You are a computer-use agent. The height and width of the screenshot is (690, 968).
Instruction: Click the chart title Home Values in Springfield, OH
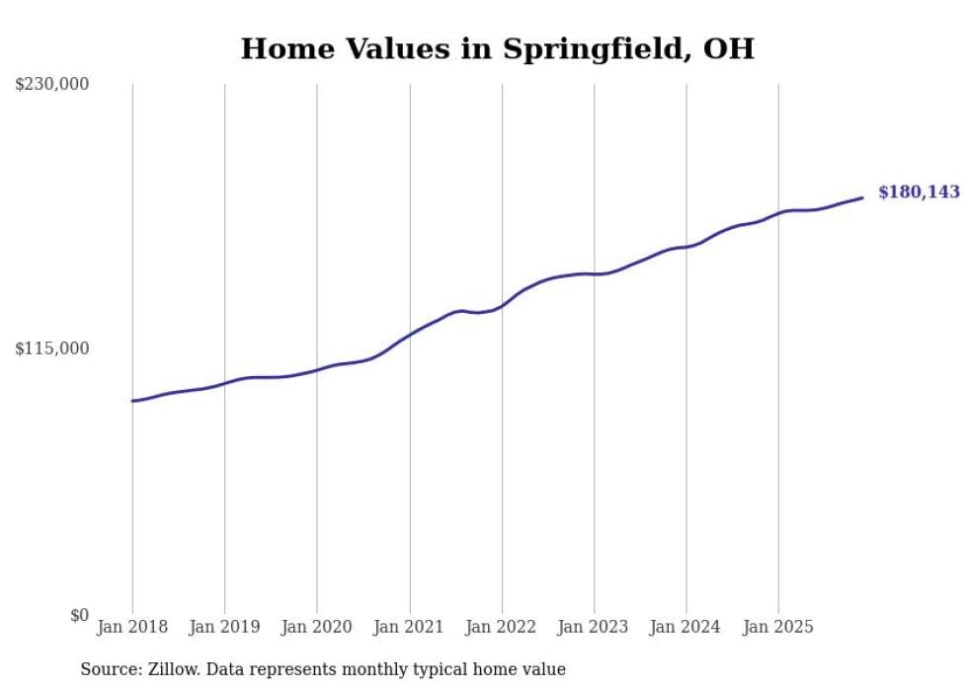pyautogui.click(x=497, y=48)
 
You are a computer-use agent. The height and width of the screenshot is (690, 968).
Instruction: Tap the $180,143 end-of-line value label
pyautogui.click(x=919, y=192)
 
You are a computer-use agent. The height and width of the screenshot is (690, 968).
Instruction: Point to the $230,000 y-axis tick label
pyautogui.click(x=51, y=85)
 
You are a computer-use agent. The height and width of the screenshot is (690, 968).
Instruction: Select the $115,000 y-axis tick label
pyautogui.click(x=51, y=348)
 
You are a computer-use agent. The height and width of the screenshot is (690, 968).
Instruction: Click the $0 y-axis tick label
pyautogui.click(x=79, y=615)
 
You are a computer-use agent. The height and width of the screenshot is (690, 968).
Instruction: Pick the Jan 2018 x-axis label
pyautogui.click(x=132, y=627)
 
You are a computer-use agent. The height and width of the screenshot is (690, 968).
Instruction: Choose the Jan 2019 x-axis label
pyautogui.click(x=225, y=627)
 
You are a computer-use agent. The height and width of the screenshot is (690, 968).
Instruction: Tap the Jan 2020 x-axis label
pyautogui.click(x=317, y=627)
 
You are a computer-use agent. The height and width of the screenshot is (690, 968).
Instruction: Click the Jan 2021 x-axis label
pyautogui.click(x=409, y=627)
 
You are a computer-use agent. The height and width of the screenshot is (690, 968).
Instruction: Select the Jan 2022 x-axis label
pyautogui.click(x=502, y=627)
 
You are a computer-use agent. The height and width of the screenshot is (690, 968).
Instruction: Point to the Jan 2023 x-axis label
pyautogui.click(x=594, y=627)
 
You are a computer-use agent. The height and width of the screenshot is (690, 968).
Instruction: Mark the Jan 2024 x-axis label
pyautogui.click(x=686, y=627)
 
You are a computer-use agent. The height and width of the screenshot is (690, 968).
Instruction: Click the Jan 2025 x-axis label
pyautogui.click(x=778, y=627)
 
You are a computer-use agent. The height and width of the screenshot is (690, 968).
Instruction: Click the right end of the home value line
pyautogui.click(x=862, y=197)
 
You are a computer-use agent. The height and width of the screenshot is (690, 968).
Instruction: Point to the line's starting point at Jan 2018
pyautogui.click(x=132, y=401)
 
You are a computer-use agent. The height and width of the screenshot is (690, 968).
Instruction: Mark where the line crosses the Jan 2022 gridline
pyautogui.click(x=502, y=306)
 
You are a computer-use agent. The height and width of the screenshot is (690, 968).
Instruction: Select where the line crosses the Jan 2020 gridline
pyautogui.click(x=317, y=370)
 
